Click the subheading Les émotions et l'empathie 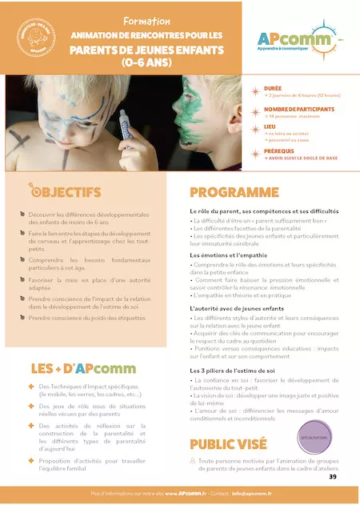[230, 255]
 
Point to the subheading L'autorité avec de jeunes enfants [238, 308]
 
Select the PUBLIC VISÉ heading [235, 445]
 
